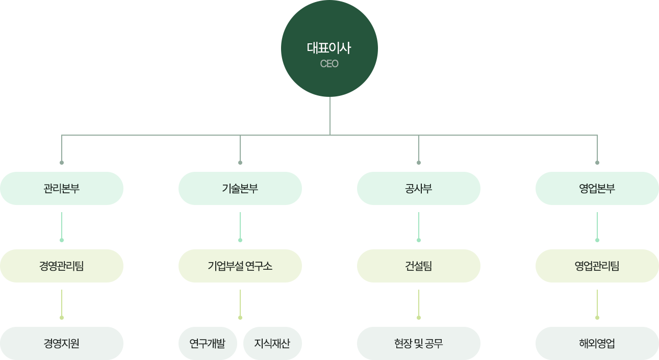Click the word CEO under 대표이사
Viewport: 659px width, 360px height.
tap(329, 64)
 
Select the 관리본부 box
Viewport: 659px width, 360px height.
tap(62, 188)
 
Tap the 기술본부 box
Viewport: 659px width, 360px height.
tap(240, 188)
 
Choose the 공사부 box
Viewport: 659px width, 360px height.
tap(418, 188)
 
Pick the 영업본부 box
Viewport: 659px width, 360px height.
tap(597, 188)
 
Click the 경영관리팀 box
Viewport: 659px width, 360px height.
tap(62, 266)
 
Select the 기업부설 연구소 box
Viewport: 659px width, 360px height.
tap(240, 266)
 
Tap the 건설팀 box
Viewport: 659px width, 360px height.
tap(418, 266)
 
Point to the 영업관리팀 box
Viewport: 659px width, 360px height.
tap(597, 266)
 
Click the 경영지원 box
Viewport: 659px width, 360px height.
tap(62, 343)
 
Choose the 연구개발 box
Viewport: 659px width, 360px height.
tap(207, 343)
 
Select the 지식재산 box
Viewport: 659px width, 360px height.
tap(272, 343)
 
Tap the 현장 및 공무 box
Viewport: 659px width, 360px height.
tap(418, 343)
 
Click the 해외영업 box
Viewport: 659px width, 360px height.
tap(597, 343)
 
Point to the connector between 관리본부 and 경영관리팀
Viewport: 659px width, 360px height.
tap(62, 225)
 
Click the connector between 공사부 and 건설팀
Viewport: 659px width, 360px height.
tap(418, 225)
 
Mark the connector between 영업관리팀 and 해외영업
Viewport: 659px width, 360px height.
tap(597, 303)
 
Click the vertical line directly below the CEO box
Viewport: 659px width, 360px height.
tap(329, 115)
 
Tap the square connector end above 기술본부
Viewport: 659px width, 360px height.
tap(240, 162)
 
